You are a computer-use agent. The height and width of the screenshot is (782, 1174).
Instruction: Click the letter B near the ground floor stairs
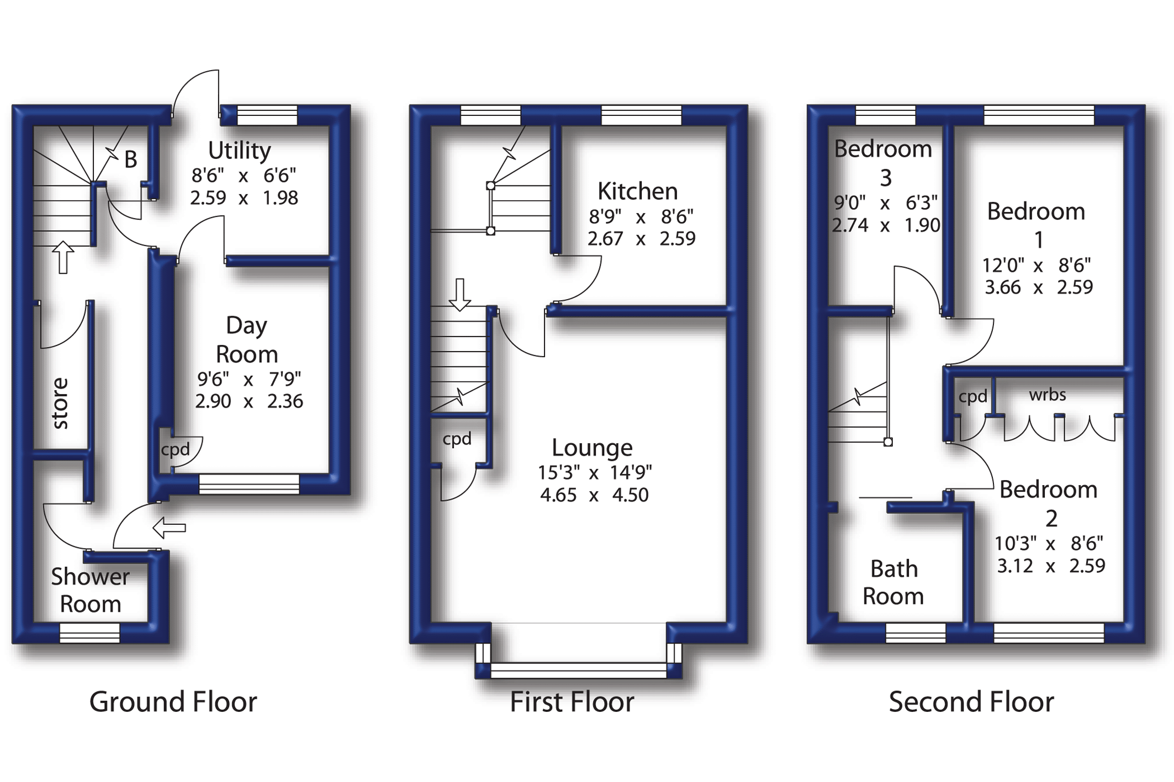tap(130, 160)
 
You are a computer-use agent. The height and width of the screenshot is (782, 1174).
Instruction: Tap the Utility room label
tap(239, 150)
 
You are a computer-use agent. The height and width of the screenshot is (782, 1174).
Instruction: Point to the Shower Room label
tap(90, 591)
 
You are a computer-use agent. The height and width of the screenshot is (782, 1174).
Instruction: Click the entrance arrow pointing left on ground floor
tap(169, 528)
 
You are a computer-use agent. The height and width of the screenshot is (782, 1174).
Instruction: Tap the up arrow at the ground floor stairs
tap(63, 257)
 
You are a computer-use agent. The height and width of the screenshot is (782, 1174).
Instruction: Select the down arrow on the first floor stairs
tap(459, 294)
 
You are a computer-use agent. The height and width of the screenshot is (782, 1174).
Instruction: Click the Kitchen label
tap(637, 191)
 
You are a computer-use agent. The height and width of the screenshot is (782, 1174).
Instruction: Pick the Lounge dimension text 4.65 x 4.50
tap(594, 495)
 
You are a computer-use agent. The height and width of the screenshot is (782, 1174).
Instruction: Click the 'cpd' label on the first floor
tap(457, 439)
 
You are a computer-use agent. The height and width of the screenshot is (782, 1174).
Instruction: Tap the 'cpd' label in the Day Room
tap(175, 450)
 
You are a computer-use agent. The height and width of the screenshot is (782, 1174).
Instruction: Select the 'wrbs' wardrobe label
tap(1047, 395)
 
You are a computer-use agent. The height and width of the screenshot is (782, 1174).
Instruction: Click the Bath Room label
tap(893, 582)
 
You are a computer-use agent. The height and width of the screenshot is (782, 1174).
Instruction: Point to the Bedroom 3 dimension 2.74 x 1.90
tap(886, 225)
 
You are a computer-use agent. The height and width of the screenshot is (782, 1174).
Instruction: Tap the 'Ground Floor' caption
tap(173, 702)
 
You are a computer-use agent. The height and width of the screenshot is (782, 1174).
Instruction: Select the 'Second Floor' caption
tap(971, 702)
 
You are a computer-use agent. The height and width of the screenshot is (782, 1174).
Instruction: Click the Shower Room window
tap(89, 633)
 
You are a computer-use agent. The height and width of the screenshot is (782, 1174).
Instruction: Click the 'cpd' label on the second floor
tap(972, 397)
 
